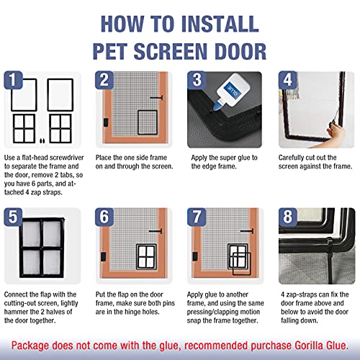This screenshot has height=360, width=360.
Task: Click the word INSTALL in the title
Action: pos(220,24)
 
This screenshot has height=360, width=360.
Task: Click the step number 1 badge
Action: pos(13,80)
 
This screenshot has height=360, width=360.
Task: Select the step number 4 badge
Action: pos(287,80)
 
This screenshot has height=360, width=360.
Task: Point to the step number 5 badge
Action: pos(13,217)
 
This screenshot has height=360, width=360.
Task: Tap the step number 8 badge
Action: pos(287,217)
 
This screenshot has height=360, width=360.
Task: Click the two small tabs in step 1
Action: pos(42,140)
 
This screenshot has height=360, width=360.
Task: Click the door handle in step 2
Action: pos(156,98)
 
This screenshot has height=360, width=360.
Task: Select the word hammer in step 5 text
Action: pos(15,312)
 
